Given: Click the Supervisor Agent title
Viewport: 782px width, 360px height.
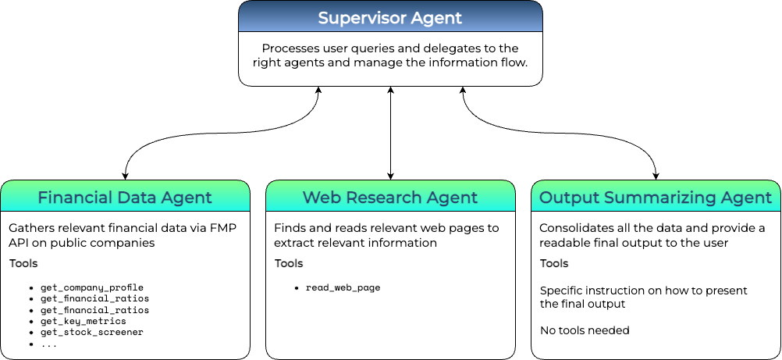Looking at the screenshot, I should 389,17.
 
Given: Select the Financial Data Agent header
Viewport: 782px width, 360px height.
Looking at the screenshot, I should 125,197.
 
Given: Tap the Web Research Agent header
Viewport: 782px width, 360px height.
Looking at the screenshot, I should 390,197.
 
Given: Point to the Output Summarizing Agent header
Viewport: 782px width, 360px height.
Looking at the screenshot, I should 656,197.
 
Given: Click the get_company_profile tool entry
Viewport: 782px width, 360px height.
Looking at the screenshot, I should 92,288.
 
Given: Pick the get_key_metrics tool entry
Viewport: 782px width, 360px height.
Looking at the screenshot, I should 83,321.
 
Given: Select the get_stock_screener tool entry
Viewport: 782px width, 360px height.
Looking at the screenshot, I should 92,332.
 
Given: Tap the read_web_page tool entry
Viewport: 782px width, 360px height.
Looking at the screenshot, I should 343,288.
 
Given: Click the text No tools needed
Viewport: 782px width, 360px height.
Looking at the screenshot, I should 585,330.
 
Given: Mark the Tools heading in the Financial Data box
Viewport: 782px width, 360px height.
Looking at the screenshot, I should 23,263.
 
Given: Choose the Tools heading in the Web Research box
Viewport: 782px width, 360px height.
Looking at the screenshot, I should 289,263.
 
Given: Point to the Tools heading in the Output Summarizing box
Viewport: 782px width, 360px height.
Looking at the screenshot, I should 554,263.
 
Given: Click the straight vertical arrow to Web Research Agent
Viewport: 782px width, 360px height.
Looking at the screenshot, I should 390,133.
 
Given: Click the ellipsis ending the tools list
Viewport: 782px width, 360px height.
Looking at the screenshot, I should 48,344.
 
